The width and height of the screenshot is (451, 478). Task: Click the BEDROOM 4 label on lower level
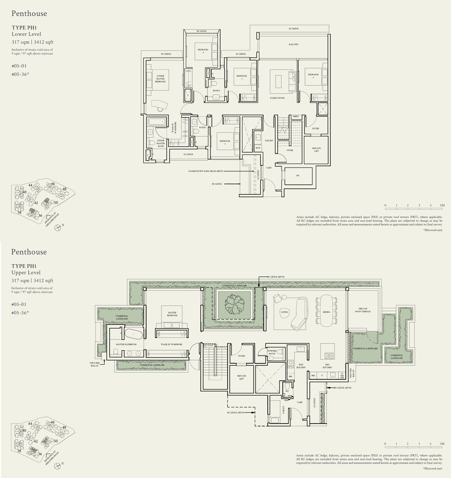[x=203, y=51]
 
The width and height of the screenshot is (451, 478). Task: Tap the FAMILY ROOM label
[x=277, y=98]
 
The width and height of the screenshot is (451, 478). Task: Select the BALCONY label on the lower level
[x=293, y=44]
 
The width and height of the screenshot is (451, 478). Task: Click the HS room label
[x=298, y=176]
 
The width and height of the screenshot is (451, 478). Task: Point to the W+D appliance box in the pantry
[x=258, y=148]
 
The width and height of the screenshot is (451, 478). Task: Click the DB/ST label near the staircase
[x=296, y=117]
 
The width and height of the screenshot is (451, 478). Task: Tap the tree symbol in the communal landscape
[x=234, y=304]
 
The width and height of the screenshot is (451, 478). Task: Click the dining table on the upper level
[x=326, y=310]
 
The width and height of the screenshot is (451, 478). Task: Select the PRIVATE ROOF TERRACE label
[x=363, y=310]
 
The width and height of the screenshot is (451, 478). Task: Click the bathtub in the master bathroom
[x=134, y=334]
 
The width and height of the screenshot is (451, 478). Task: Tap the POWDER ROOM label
[x=272, y=352]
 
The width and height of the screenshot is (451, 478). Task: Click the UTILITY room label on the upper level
[x=284, y=410]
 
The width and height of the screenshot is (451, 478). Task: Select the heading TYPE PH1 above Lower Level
[x=24, y=28]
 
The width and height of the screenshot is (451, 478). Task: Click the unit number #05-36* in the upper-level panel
[x=20, y=313]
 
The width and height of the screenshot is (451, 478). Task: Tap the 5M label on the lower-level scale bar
[x=442, y=205]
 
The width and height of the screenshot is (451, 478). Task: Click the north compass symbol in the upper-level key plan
[x=58, y=466]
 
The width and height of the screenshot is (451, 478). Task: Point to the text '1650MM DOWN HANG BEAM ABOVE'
[x=205, y=171]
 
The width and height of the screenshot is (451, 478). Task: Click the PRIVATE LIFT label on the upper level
[x=241, y=377]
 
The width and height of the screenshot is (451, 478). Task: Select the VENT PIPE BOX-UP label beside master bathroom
[x=94, y=364]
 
